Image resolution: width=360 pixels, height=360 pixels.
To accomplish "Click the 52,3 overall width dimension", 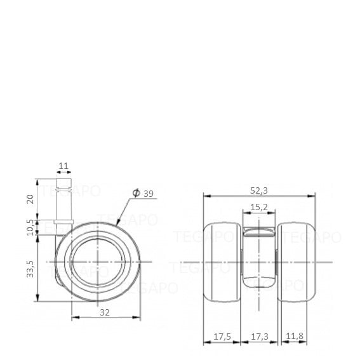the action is (x=259, y=190).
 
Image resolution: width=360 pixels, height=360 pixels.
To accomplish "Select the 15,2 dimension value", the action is (x=259, y=207).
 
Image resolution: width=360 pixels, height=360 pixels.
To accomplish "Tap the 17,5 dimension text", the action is (x=222, y=337).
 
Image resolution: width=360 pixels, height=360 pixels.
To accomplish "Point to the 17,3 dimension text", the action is (x=260, y=337).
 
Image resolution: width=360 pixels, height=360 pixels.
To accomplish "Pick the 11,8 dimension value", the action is (x=295, y=336).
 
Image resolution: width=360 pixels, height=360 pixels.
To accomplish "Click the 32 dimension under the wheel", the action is (x=105, y=312).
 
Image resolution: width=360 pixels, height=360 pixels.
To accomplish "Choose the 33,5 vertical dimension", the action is (x=30, y=269).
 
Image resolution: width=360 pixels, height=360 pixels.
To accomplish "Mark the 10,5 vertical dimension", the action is (x=30, y=227).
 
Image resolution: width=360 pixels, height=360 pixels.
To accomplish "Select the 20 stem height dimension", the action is (x=30, y=199).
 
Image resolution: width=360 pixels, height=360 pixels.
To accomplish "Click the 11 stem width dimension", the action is (x=63, y=166).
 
